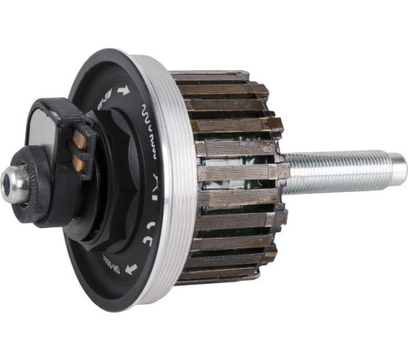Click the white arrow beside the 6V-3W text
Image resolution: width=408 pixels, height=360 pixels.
(x=123, y=90)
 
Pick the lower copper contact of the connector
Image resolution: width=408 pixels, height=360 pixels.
(x=79, y=163)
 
